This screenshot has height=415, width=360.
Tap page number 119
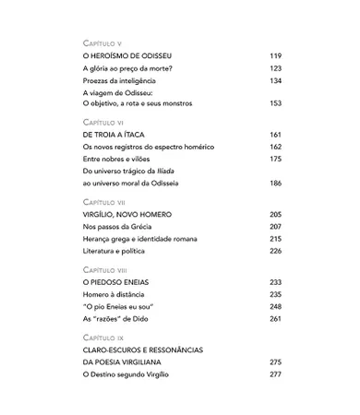[275, 56]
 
